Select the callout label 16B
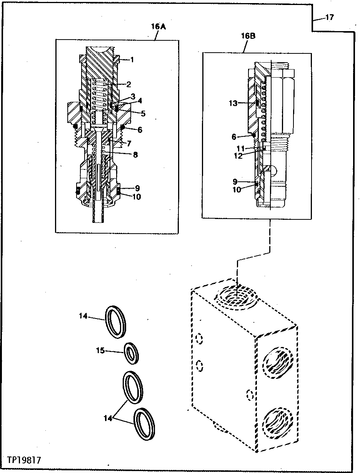(248, 37)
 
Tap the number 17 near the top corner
(329, 17)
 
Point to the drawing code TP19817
(24, 460)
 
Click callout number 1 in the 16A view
(132, 60)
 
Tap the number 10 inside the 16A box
(137, 197)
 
